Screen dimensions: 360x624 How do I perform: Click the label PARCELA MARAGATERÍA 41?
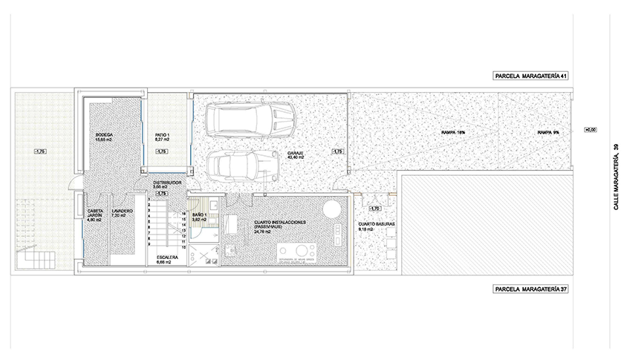click(x=531, y=76)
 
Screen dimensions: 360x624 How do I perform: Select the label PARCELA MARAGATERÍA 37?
click(x=531, y=289)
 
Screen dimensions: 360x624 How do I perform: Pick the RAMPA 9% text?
click(x=549, y=133)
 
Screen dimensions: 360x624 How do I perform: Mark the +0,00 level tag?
click(x=591, y=130)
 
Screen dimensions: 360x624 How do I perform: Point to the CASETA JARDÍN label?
click(x=94, y=215)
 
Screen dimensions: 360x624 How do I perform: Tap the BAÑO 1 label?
click(x=200, y=217)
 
